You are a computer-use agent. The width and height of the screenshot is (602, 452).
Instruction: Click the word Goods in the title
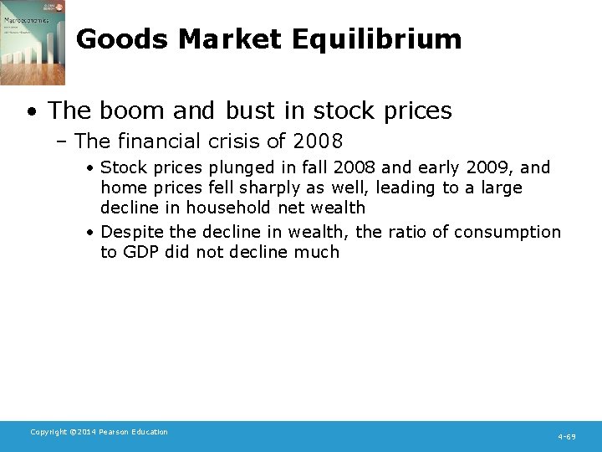click(x=116, y=39)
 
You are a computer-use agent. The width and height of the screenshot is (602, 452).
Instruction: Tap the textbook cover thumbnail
click(x=33, y=43)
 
